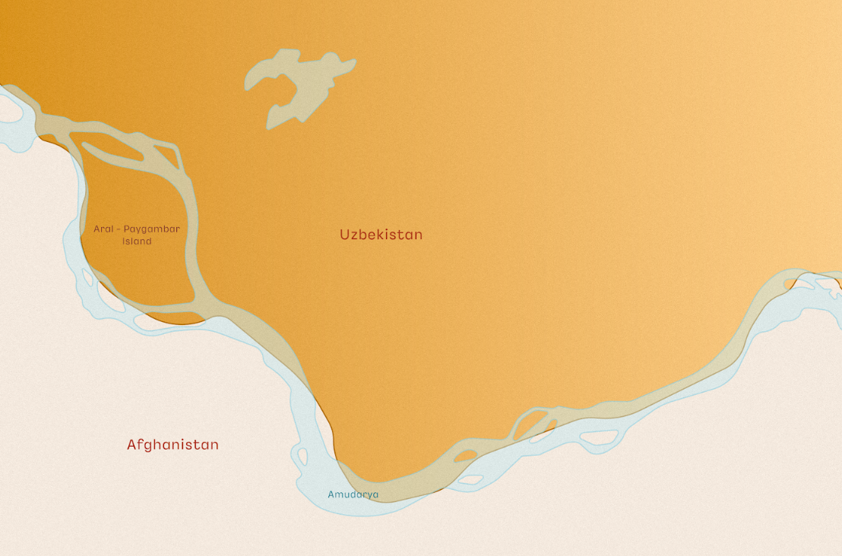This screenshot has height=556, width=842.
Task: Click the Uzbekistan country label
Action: tap(381, 235)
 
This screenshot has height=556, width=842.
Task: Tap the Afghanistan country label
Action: tap(173, 444)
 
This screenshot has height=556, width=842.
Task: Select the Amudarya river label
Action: tap(353, 494)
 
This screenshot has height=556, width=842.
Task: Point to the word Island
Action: tap(137, 242)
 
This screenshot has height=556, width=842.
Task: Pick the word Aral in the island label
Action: tap(103, 228)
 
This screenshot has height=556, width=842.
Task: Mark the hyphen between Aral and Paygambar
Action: tap(118, 229)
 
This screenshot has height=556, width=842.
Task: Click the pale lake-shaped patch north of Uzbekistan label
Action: tap(300, 84)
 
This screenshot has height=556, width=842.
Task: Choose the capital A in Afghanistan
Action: tap(131, 444)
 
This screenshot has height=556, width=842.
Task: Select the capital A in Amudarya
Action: tap(331, 494)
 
